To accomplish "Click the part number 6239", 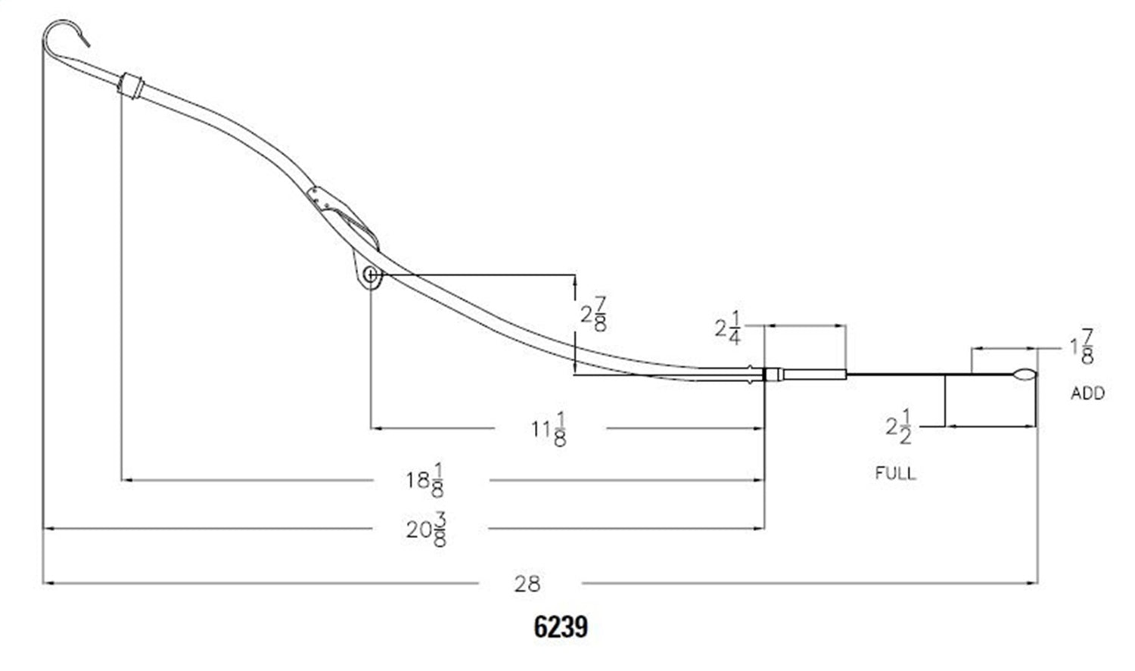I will click(x=561, y=627).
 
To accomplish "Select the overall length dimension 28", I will click(x=527, y=583).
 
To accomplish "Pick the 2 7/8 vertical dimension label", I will click(x=592, y=314).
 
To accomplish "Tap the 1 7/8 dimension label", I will click(x=1081, y=346).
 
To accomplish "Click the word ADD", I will click(x=1087, y=393).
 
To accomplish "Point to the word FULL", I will click(x=895, y=474).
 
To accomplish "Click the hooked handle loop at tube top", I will click(x=61, y=34).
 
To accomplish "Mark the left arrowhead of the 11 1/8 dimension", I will click(x=376, y=428).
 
